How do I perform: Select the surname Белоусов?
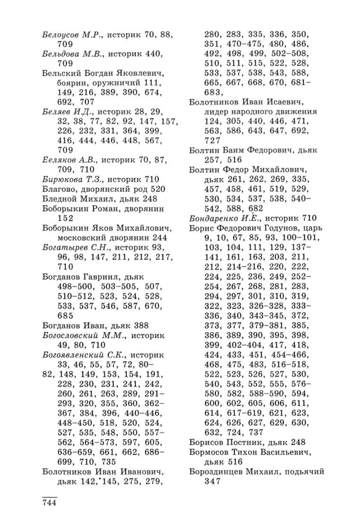click(x=59, y=34)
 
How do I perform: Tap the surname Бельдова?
click(x=58, y=54)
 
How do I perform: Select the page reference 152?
click(x=65, y=218)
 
